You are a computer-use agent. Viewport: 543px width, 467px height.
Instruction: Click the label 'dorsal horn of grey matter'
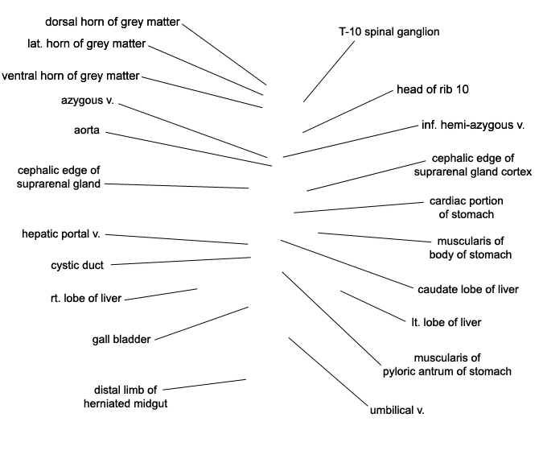pos(113,23)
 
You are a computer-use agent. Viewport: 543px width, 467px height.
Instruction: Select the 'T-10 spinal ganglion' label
pos(389,32)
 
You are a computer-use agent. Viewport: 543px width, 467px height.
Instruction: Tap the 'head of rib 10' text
pos(433,89)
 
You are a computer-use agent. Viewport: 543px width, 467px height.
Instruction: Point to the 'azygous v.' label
pos(87,100)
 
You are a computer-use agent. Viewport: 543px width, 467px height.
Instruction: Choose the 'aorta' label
pos(87,130)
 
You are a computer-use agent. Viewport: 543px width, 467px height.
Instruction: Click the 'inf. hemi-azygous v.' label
pos(473,125)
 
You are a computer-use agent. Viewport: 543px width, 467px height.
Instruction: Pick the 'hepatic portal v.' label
pos(61,234)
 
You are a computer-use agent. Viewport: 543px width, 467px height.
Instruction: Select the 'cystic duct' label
pos(77,265)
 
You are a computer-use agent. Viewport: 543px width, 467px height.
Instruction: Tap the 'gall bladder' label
pos(121,339)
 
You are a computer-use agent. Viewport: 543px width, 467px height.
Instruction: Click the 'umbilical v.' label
pos(397,410)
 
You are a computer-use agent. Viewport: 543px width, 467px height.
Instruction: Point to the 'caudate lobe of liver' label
pos(468,290)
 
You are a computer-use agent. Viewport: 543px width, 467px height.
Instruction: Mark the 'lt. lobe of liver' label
pos(446,322)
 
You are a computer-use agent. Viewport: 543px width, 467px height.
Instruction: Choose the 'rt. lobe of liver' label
pos(86,298)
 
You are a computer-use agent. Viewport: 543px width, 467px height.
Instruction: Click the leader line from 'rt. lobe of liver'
pos(161,295)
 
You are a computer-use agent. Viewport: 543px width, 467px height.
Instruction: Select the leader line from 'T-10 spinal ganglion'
pos(329,72)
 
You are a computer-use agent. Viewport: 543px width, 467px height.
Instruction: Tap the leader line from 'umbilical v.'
pos(328,371)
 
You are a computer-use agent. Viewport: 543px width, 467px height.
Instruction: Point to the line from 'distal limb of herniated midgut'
pos(204,385)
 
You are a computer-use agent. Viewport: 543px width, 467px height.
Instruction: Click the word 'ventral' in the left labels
pos(19,76)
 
